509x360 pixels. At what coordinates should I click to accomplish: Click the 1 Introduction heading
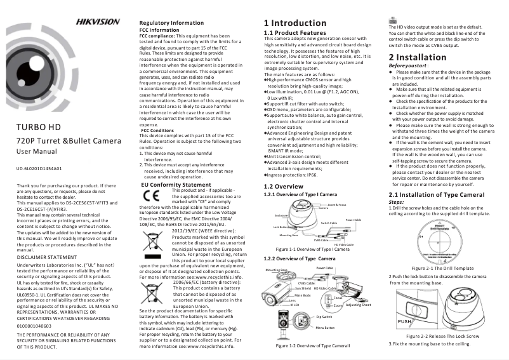coord(295,23)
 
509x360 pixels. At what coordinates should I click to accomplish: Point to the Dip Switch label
coord(324,316)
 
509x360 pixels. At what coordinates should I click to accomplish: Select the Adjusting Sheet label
coord(358,305)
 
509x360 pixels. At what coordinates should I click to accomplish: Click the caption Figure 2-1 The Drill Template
coord(442,269)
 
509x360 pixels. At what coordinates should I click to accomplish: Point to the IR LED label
coord(295,305)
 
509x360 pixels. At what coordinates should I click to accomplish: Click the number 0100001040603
coord(34,325)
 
